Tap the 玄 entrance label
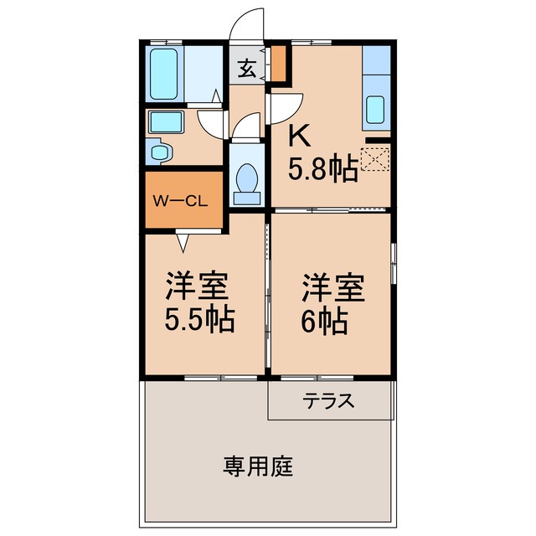pyautogui.click(x=247, y=70)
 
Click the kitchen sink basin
pyautogui.click(x=376, y=109)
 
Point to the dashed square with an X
pyautogui.click(x=374, y=159)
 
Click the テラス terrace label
pyautogui.click(x=329, y=400)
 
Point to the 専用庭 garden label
pyautogui.click(x=258, y=466)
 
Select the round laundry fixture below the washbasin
pyautogui.click(x=161, y=152)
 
